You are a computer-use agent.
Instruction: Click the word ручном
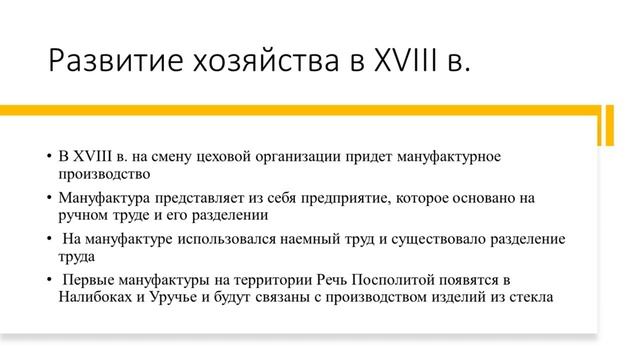coord(85,214)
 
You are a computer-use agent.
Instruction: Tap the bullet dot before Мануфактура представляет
coord(48,199)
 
